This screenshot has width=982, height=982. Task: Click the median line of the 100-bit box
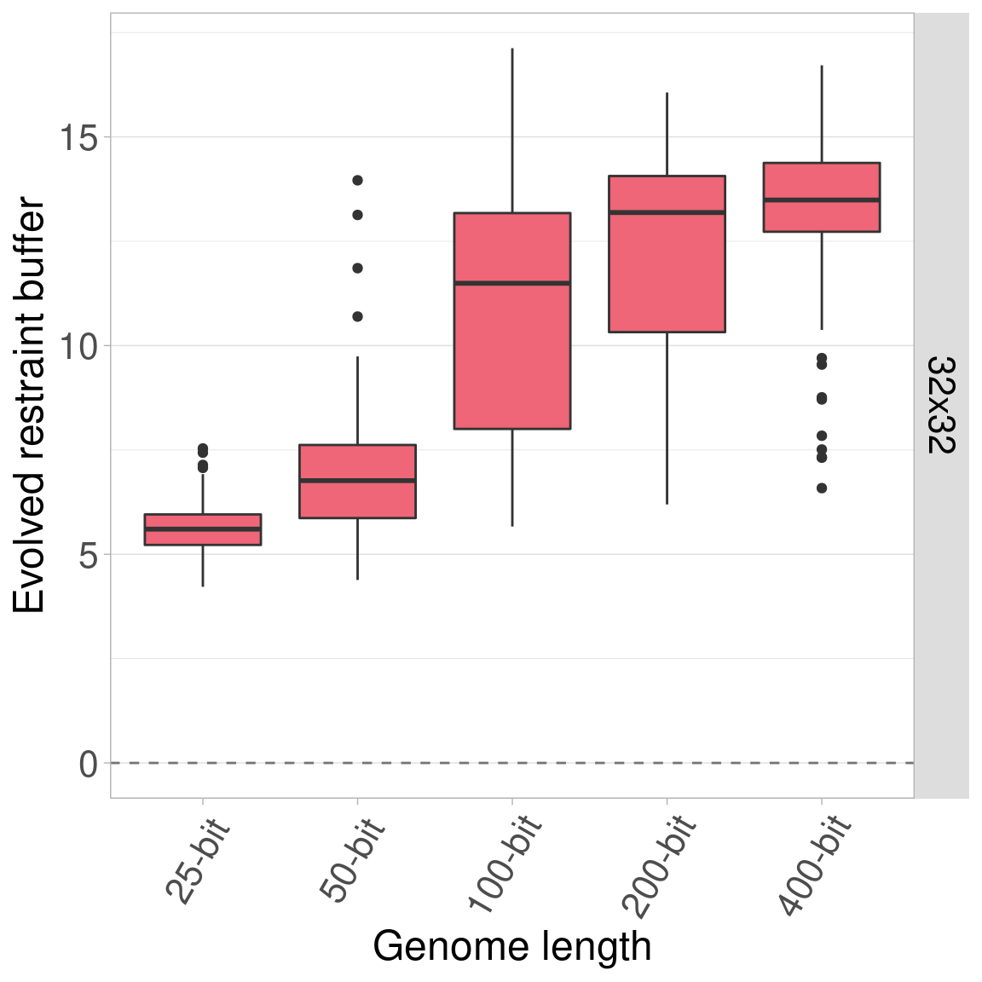click(x=511, y=283)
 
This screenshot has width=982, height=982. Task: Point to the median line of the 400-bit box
click(x=821, y=199)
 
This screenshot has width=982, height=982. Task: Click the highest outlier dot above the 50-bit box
click(x=357, y=180)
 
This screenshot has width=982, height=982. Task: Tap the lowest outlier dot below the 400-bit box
click(x=822, y=488)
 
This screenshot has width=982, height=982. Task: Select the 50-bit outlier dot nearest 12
click(x=357, y=268)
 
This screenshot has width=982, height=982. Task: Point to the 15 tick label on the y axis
click(x=78, y=137)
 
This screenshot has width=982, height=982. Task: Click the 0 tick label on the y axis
click(x=89, y=764)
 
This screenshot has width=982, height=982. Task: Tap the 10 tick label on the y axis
click(x=78, y=346)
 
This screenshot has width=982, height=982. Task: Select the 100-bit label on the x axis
click(x=505, y=863)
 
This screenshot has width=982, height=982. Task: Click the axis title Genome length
click(x=511, y=946)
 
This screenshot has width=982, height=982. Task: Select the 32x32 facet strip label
click(x=941, y=406)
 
